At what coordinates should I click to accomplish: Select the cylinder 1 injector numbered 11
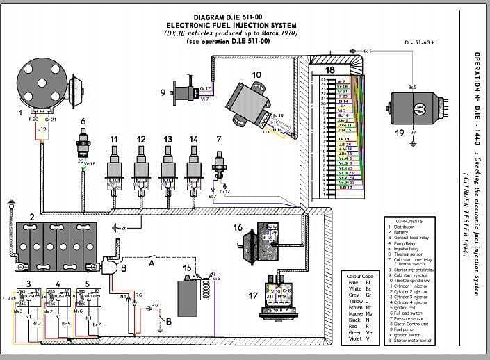click(115, 167)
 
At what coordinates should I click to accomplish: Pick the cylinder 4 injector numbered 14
click(193, 167)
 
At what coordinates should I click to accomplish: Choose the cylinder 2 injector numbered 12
click(141, 167)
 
